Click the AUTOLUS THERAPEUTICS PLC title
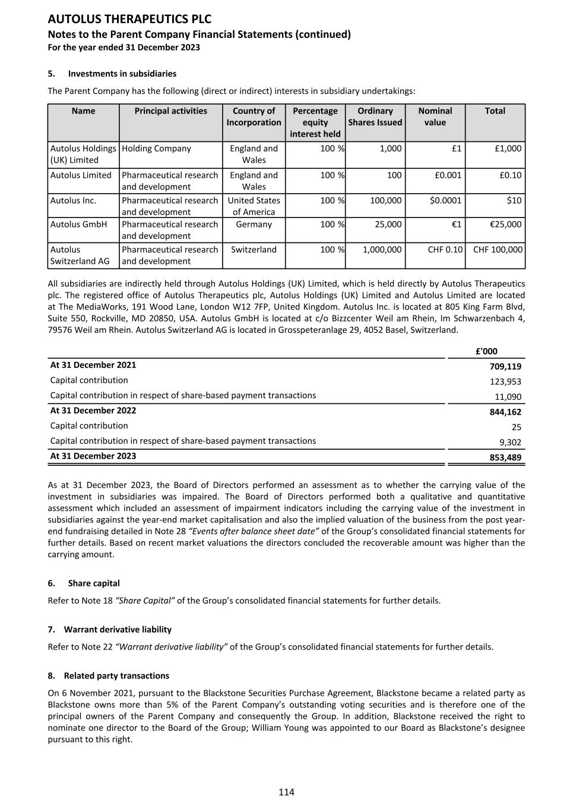point(129,20)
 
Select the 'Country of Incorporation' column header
point(254,116)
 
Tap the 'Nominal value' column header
point(435,116)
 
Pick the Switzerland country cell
point(254,250)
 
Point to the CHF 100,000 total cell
point(498,250)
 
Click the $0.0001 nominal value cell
point(445,200)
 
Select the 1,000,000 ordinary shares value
point(382,250)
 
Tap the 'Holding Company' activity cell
point(156,149)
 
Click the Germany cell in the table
point(254,225)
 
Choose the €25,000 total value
point(504,225)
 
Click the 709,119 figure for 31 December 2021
point(505,367)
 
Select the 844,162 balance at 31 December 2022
point(505,412)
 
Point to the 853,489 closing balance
point(505,457)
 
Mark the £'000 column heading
point(486,351)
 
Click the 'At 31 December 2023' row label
point(93,456)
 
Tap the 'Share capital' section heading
point(94,583)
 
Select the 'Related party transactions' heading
point(116,676)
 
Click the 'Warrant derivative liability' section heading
point(118,629)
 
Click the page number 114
point(286,792)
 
